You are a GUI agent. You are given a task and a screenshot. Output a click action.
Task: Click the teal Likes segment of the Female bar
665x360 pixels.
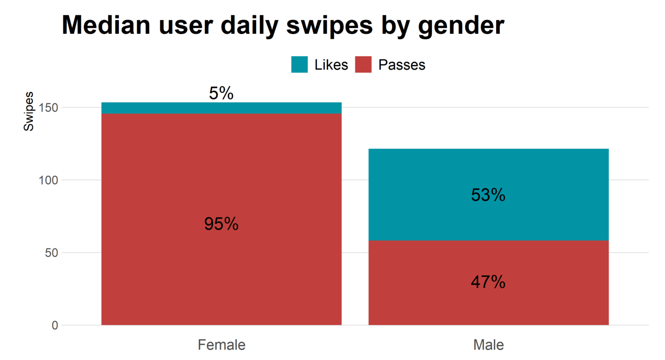[x=147, y=108]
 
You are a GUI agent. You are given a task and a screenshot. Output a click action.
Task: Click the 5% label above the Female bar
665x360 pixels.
[x=221, y=93]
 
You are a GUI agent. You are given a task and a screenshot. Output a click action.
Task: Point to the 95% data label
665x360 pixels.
[x=221, y=224]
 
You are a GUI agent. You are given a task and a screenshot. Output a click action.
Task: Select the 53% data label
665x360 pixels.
[x=488, y=195]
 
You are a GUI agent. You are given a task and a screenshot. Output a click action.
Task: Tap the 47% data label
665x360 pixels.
[x=488, y=282]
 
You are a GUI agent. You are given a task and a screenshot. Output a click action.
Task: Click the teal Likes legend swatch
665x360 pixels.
[x=299, y=64]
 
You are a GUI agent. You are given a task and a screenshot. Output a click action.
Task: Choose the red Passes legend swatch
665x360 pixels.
[x=363, y=64]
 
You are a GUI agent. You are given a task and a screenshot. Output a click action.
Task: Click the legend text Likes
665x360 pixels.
[x=331, y=65]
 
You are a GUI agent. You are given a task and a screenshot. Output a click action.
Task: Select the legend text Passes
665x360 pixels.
[x=402, y=65]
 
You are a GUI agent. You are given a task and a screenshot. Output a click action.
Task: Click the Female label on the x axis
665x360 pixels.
[x=221, y=345]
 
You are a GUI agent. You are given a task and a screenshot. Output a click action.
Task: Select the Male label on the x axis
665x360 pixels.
[x=488, y=345]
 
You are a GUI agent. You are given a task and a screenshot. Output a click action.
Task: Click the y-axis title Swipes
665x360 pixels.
[x=29, y=111]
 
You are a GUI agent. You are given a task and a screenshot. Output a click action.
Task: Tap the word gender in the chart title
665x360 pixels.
[x=461, y=26]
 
